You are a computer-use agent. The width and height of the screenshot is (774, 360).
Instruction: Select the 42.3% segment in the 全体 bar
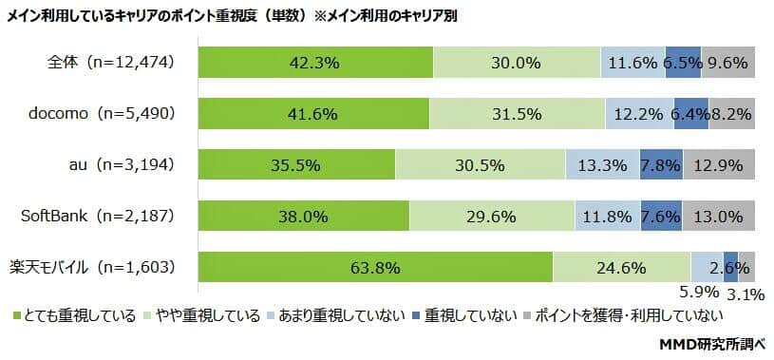(315, 63)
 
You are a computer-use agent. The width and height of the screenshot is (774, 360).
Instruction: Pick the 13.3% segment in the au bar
(602, 165)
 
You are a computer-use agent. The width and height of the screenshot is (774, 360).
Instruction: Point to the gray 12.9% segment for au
(719, 165)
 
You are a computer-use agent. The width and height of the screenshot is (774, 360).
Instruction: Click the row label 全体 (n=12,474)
(110, 63)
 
